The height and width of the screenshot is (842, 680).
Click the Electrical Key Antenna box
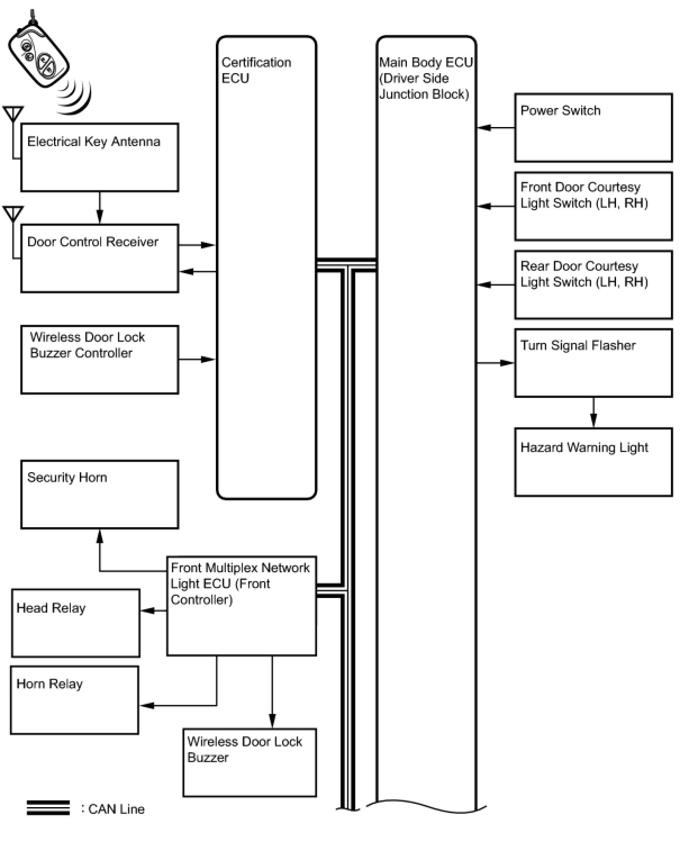click(99, 157)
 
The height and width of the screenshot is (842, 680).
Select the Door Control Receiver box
click(99, 259)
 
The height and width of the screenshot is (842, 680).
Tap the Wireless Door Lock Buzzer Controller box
click(99, 359)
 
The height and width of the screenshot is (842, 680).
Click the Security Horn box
click(99, 495)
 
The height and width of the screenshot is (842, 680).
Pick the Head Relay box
click(75, 623)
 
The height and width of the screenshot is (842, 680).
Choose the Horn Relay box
click(74, 700)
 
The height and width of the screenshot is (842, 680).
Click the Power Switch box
click(593, 128)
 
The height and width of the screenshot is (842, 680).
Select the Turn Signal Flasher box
click(593, 363)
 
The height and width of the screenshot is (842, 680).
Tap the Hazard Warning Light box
click(593, 462)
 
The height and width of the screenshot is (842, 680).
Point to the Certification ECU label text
click(256, 70)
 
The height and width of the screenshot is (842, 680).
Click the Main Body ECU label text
click(425, 78)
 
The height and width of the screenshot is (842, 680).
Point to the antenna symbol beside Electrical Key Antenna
click(13, 115)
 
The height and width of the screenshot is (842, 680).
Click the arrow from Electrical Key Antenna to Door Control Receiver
click(100, 208)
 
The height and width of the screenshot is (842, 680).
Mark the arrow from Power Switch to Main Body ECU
click(496, 128)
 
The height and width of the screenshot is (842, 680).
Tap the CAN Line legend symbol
click(48, 808)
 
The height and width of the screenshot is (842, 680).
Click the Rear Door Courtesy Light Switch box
click(593, 284)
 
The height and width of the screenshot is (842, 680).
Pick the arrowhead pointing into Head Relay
click(146, 611)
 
